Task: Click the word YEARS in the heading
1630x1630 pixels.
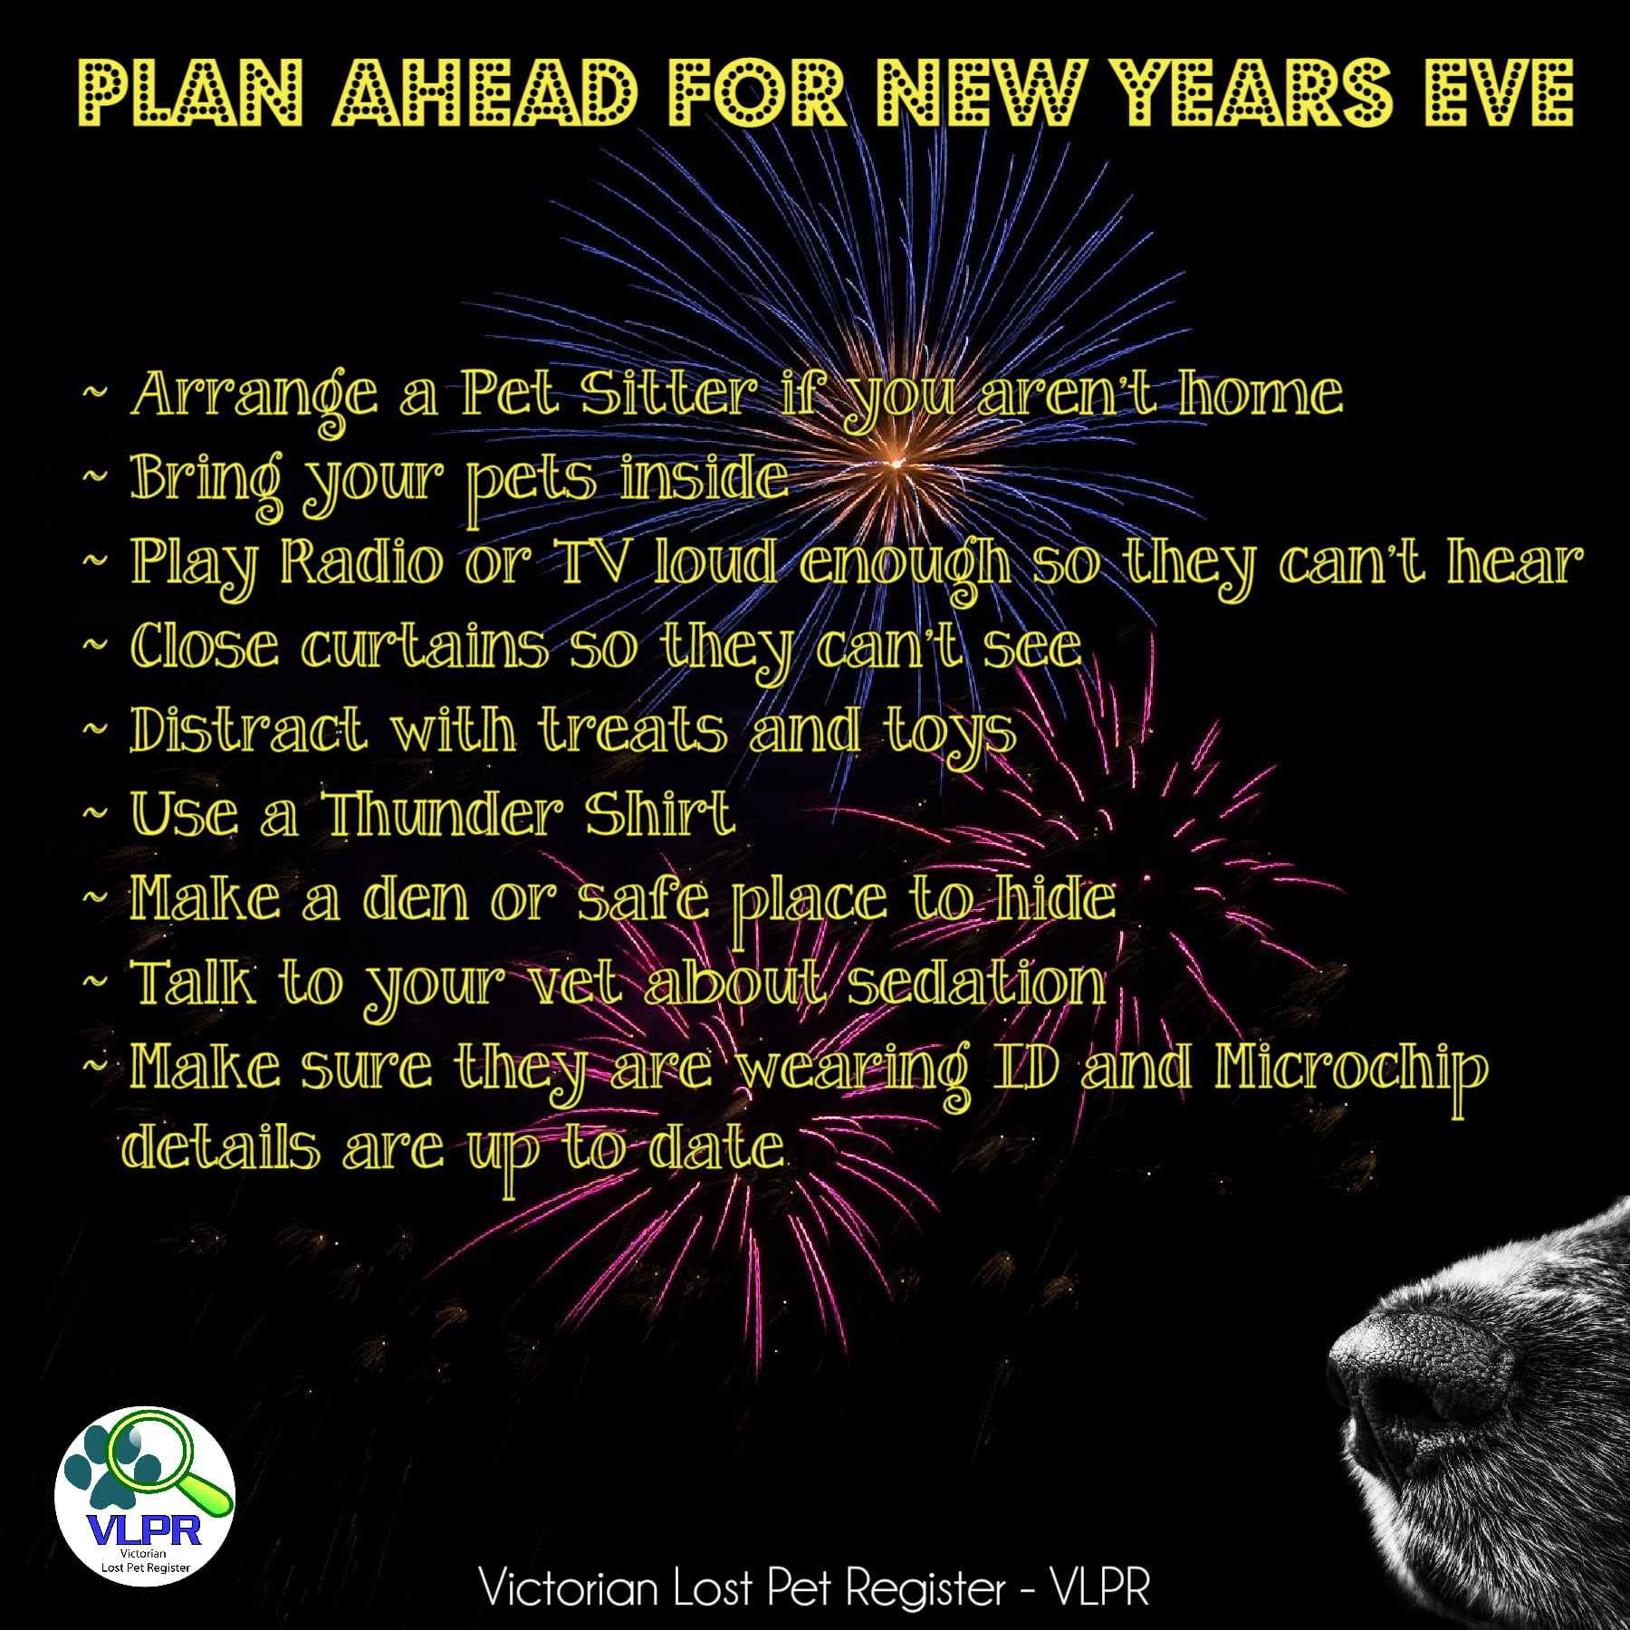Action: [1252, 92]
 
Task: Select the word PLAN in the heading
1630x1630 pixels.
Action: [190, 92]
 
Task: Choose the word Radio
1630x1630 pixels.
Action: [361, 561]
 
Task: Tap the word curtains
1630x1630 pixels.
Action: [425, 646]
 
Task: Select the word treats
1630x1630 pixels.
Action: [633, 730]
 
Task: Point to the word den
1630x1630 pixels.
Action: [415, 898]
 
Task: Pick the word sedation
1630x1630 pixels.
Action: [976, 983]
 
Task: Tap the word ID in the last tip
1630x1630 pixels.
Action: [1026, 1066]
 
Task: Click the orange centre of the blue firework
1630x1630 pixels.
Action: [897, 463]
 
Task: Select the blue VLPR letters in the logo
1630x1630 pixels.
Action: [145, 1530]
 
